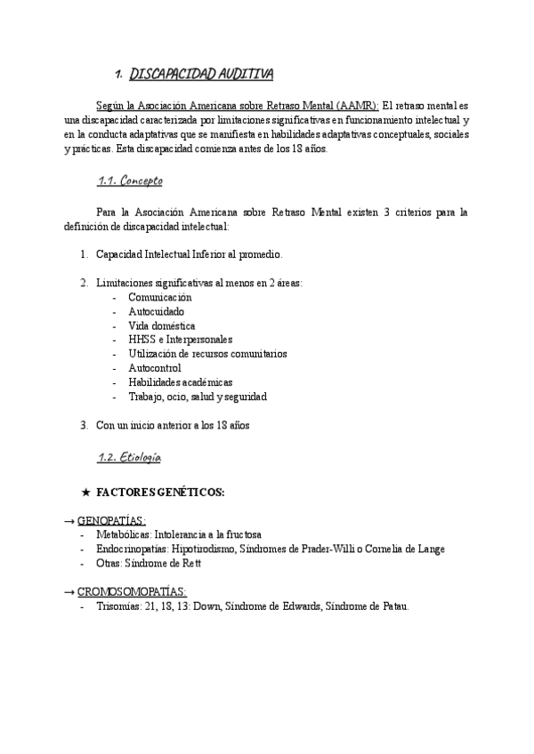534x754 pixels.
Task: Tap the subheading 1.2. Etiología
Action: [128, 458]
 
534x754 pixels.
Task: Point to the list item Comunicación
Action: [159, 297]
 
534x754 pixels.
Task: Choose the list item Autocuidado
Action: [156, 311]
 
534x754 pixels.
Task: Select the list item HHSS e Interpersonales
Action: [180, 340]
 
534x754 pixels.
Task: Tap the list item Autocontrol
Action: [154, 368]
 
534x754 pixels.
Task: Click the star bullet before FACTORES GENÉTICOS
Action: [85, 493]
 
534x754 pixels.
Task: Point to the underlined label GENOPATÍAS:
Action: [111, 521]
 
